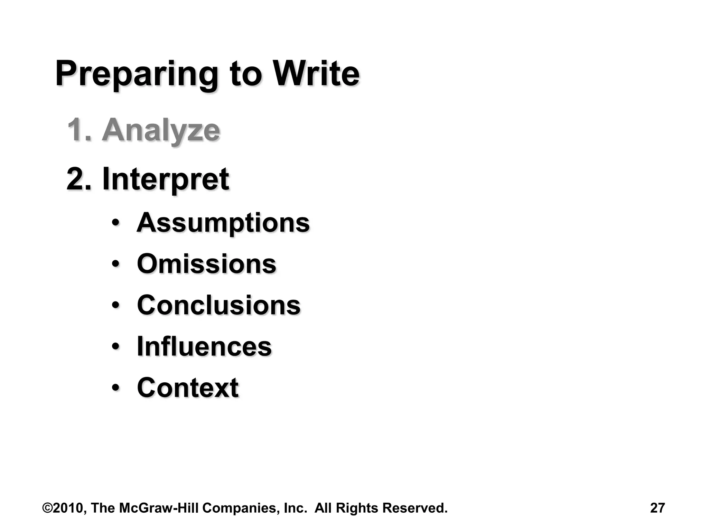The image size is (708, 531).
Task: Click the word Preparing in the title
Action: tap(137, 74)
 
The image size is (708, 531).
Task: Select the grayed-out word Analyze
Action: tap(161, 130)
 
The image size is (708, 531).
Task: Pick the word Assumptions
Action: tap(223, 223)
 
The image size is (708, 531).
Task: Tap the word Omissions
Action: tap(206, 264)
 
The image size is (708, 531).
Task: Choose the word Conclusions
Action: tap(218, 305)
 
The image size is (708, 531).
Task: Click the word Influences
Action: tap(204, 346)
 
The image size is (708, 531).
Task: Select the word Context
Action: tap(187, 388)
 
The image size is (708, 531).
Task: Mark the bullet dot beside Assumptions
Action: tap(116, 223)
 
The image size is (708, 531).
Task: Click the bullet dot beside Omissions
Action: tap(116, 264)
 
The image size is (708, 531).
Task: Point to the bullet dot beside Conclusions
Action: tap(116, 305)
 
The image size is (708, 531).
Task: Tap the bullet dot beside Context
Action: tap(116, 388)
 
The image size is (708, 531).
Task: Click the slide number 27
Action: tap(657, 508)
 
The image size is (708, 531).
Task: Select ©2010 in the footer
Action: tap(64, 508)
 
